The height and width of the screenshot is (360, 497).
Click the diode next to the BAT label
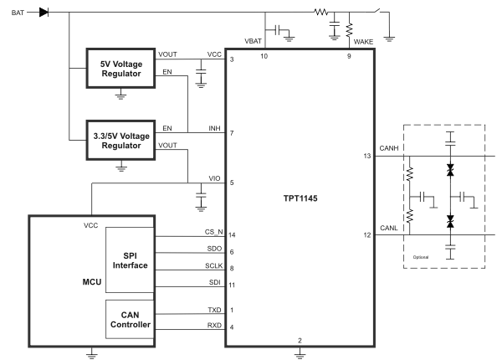pyautogui.click(x=44, y=13)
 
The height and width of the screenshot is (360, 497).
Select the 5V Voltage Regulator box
pyautogui.click(x=120, y=68)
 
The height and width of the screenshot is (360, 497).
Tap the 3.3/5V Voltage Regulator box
pyautogui.click(x=120, y=140)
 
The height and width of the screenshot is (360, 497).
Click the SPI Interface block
pyautogui.click(x=130, y=260)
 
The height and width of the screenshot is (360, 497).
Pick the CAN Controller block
pyautogui.click(x=130, y=319)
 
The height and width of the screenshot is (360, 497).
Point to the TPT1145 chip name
pyautogui.click(x=300, y=198)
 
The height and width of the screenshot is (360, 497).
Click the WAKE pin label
pyautogui.click(x=363, y=42)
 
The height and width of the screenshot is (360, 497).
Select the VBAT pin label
pyautogui.click(x=253, y=41)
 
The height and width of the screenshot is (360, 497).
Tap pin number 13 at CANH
pyautogui.click(x=367, y=156)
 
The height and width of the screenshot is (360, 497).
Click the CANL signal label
pyautogui.click(x=388, y=228)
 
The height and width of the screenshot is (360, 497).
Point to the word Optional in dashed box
pyautogui.click(x=421, y=257)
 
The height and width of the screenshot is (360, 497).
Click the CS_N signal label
pyautogui.click(x=213, y=232)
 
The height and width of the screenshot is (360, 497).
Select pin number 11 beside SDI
pyautogui.click(x=232, y=285)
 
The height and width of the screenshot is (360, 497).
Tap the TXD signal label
pyautogui.click(x=214, y=310)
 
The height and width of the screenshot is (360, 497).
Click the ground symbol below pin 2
pyautogui.click(x=300, y=353)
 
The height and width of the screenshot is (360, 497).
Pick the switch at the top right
pyautogui.click(x=377, y=11)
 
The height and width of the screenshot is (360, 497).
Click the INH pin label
pyautogui.click(x=214, y=128)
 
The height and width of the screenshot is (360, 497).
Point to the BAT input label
pyautogui.click(x=18, y=13)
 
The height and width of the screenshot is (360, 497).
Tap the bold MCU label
pyautogui.click(x=92, y=282)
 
